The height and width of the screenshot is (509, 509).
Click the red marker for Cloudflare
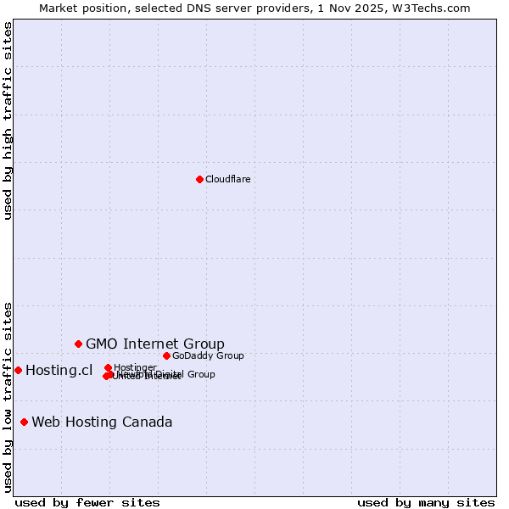point(199,179)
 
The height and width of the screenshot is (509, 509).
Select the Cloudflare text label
point(227,179)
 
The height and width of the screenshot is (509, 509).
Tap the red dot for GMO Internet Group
point(79,344)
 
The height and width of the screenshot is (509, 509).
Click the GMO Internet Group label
point(155,344)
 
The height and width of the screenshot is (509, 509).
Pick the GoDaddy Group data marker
point(166,355)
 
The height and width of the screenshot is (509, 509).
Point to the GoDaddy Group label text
point(208,355)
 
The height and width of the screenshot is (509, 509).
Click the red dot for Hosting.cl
point(18,370)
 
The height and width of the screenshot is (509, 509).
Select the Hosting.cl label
point(59,370)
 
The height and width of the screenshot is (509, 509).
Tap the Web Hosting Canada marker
point(25,422)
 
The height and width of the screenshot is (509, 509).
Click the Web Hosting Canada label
point(102,422)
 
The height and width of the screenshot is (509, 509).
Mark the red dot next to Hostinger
point(108,367)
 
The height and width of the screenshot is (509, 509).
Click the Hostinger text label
point(135,367)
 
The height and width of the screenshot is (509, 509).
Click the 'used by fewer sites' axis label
point(87,502)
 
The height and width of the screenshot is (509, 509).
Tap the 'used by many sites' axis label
point(426,502)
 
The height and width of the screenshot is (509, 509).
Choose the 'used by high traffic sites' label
point(8,120)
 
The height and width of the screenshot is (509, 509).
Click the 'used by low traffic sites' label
point(8,397)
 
